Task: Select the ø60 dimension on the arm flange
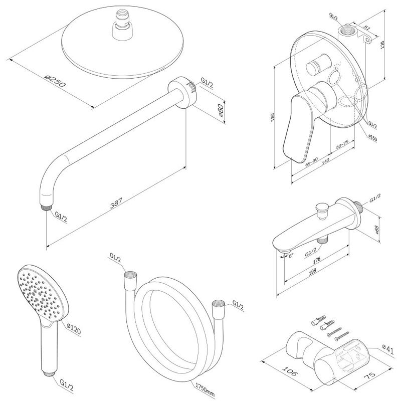point(220,110)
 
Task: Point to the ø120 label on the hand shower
point(74,328)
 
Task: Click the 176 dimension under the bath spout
point(317,260)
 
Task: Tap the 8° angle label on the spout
point(291,255)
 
